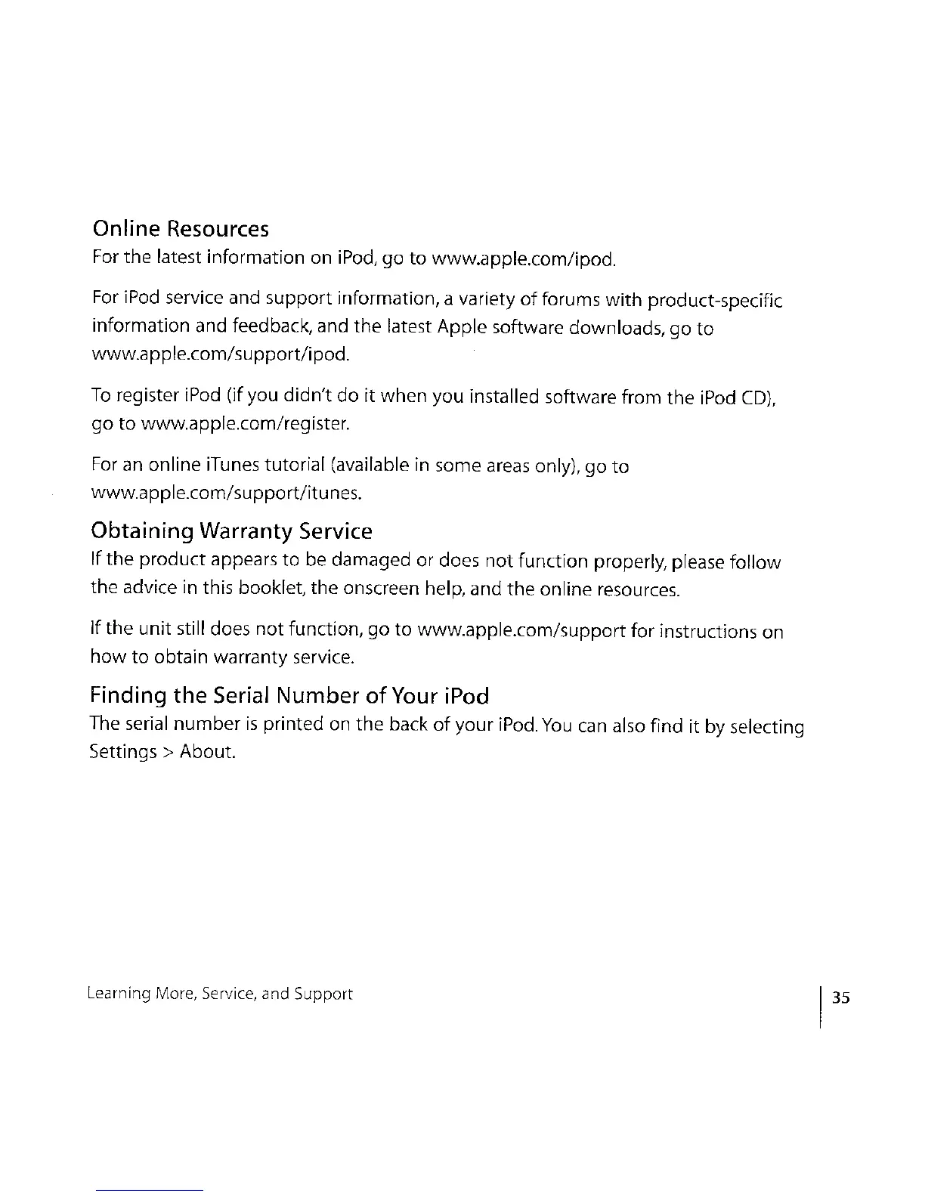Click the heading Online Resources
point(180,229)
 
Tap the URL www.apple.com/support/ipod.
point(220,354)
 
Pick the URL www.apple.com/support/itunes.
point(225,494)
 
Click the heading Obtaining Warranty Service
point(231,531)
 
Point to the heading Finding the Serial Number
point(289,695)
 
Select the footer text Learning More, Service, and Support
point(220,994)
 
